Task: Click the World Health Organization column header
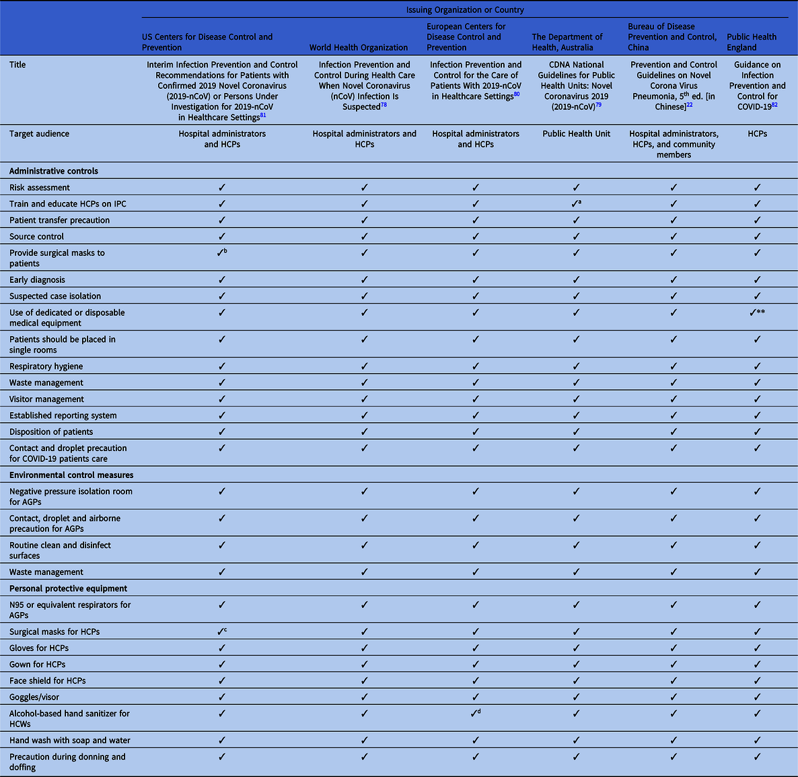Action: click(358, 47)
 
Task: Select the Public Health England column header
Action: click(751, 42)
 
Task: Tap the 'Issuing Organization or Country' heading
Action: click(464, 10)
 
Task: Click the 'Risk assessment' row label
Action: click(40, 187)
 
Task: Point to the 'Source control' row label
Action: click(37, 236)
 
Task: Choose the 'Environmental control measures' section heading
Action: click(71, 475)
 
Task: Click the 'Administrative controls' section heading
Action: click(54, 171)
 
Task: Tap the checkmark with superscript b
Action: click(221, 253)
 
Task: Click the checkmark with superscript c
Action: click(221, 632)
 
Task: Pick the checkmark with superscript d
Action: click(475, 713)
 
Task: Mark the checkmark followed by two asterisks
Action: click(756, 312)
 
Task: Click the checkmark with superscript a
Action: click(576, 203)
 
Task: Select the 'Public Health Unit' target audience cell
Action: click(576, 134)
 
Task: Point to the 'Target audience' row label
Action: click(39, 134)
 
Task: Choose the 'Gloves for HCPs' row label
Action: click(39, 648)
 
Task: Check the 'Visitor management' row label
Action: click(46, 399)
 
